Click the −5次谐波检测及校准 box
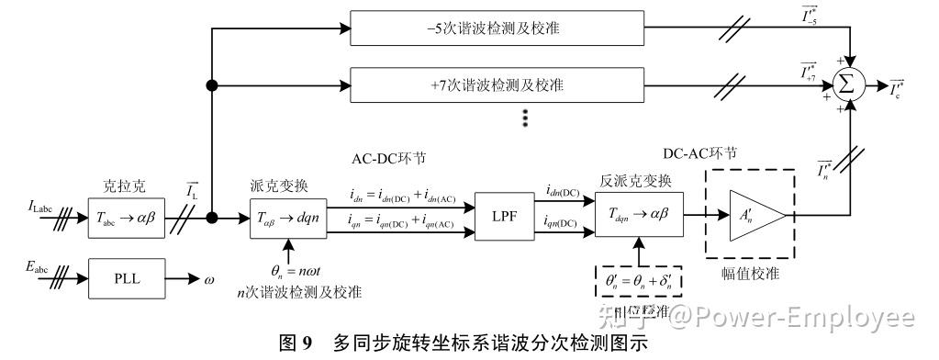coord(496,28)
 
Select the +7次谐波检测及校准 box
coord(496,85)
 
